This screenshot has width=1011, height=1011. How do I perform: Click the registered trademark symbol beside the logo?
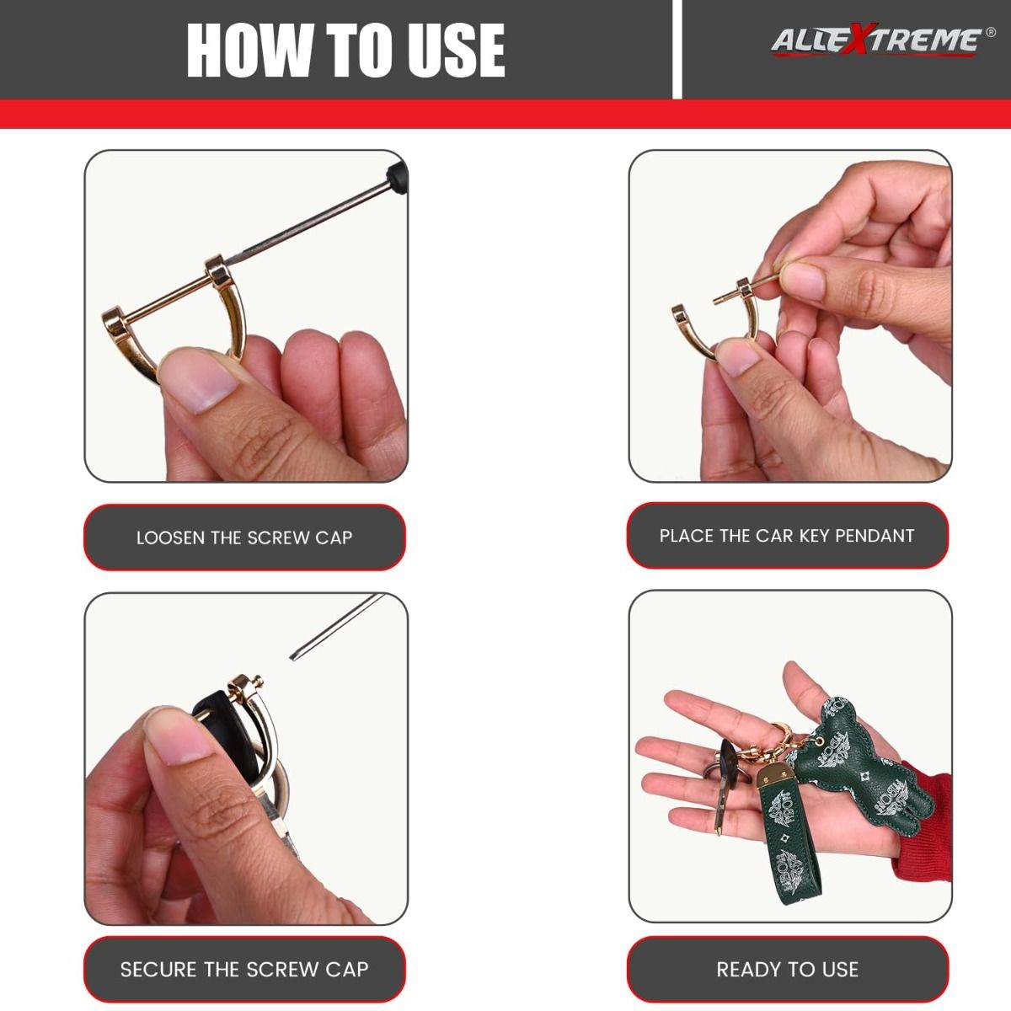coord(990,32)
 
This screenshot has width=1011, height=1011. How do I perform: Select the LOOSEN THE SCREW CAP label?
coord(244,538)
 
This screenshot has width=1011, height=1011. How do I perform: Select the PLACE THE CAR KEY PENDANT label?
coord(787,535)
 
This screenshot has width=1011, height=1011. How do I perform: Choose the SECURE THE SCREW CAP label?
coord(244,969)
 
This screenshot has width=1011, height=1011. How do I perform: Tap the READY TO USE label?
coord(787,969)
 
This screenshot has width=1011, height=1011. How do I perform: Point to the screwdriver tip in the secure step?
coord(292,657)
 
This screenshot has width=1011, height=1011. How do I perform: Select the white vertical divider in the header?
coord(677,50)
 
